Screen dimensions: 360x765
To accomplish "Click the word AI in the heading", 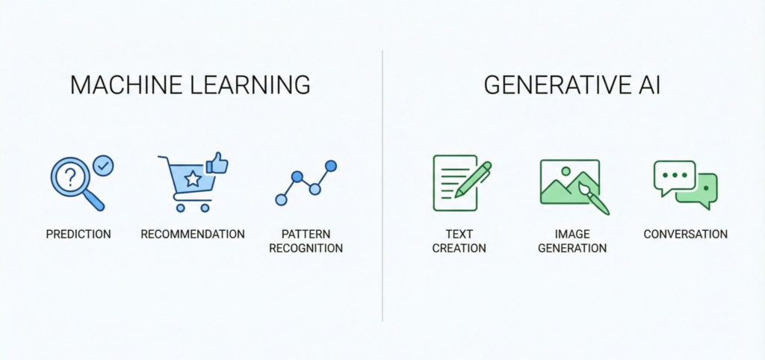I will click(648, 85).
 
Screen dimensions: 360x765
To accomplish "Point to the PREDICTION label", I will click(78, 234).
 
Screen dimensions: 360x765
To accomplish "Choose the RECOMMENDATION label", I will click(193, 234).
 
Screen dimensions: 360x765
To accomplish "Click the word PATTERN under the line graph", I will click(307, 234).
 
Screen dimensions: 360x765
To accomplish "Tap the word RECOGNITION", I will click(307, 248).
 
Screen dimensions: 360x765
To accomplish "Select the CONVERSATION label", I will click(685, 234).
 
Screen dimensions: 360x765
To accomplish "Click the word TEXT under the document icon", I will click(459, 234).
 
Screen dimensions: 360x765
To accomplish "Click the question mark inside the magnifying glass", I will click(70, 177).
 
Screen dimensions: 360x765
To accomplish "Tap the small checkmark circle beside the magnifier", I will click(104, 165).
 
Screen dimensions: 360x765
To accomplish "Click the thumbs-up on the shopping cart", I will click(217, 164).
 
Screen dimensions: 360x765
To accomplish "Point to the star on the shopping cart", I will click(193, 179).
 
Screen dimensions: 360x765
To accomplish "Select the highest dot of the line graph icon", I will click(331, 165).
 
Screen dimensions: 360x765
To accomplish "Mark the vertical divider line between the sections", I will click(382, 187).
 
